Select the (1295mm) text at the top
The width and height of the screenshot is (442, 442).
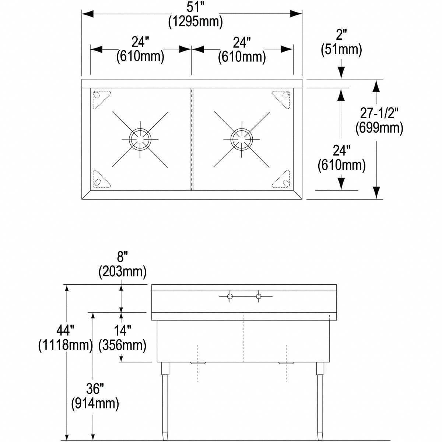click(196, 22)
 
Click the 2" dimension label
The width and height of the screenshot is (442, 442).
click(341, 35)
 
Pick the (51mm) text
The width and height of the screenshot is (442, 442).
click(341, 49)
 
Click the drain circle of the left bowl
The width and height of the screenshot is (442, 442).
click(140, 139)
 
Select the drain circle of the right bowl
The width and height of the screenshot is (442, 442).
click(241, 139)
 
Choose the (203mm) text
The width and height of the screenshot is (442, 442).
click(122, 272)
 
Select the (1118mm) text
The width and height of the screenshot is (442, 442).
click(65, 345)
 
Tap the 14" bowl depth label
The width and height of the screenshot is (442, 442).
click(122, 330)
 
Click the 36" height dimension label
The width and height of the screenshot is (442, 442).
click(95, 389)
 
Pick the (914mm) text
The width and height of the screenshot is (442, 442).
click(95, 403)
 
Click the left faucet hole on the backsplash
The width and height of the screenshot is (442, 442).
click(230, 296)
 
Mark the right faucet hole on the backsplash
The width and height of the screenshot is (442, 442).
click(259, 296)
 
